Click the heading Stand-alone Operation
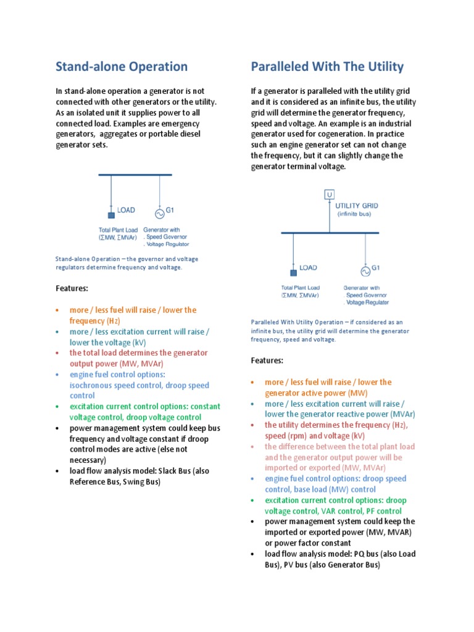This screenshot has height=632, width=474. pos(122,67)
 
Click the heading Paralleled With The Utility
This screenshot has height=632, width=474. pos(327,67)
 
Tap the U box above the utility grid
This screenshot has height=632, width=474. pos(330,195)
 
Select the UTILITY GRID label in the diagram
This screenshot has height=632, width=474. pos(357,206)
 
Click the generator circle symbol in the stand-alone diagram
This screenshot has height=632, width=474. pos(159,214)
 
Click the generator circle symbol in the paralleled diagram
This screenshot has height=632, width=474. pos(365,271)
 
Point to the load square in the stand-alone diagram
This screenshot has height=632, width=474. pos(111,215)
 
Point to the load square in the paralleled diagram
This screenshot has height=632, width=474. pos(293,272)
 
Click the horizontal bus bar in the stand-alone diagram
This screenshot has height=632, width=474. pos(135,175)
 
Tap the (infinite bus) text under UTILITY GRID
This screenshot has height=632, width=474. pos(354,214)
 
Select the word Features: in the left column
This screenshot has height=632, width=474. pos(72,288)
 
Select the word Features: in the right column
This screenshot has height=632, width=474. pos(267,360)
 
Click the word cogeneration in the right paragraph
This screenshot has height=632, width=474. pos(350,134)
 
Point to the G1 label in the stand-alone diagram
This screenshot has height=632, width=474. pos(170,210)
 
